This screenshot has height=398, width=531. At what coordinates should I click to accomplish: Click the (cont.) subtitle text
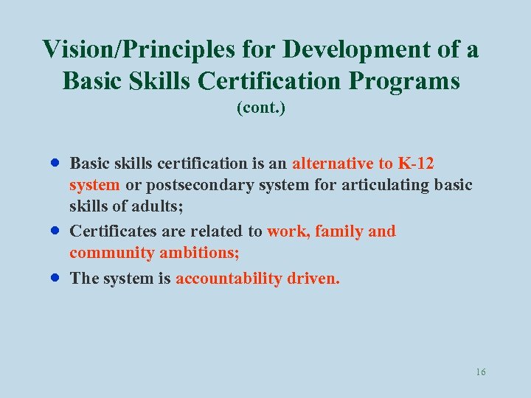coord(261,108)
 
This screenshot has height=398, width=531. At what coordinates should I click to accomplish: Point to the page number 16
coord(481,372)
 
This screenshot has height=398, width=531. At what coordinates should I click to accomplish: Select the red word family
coord(339,231)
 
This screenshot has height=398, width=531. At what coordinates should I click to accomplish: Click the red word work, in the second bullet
coord(288,231)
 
